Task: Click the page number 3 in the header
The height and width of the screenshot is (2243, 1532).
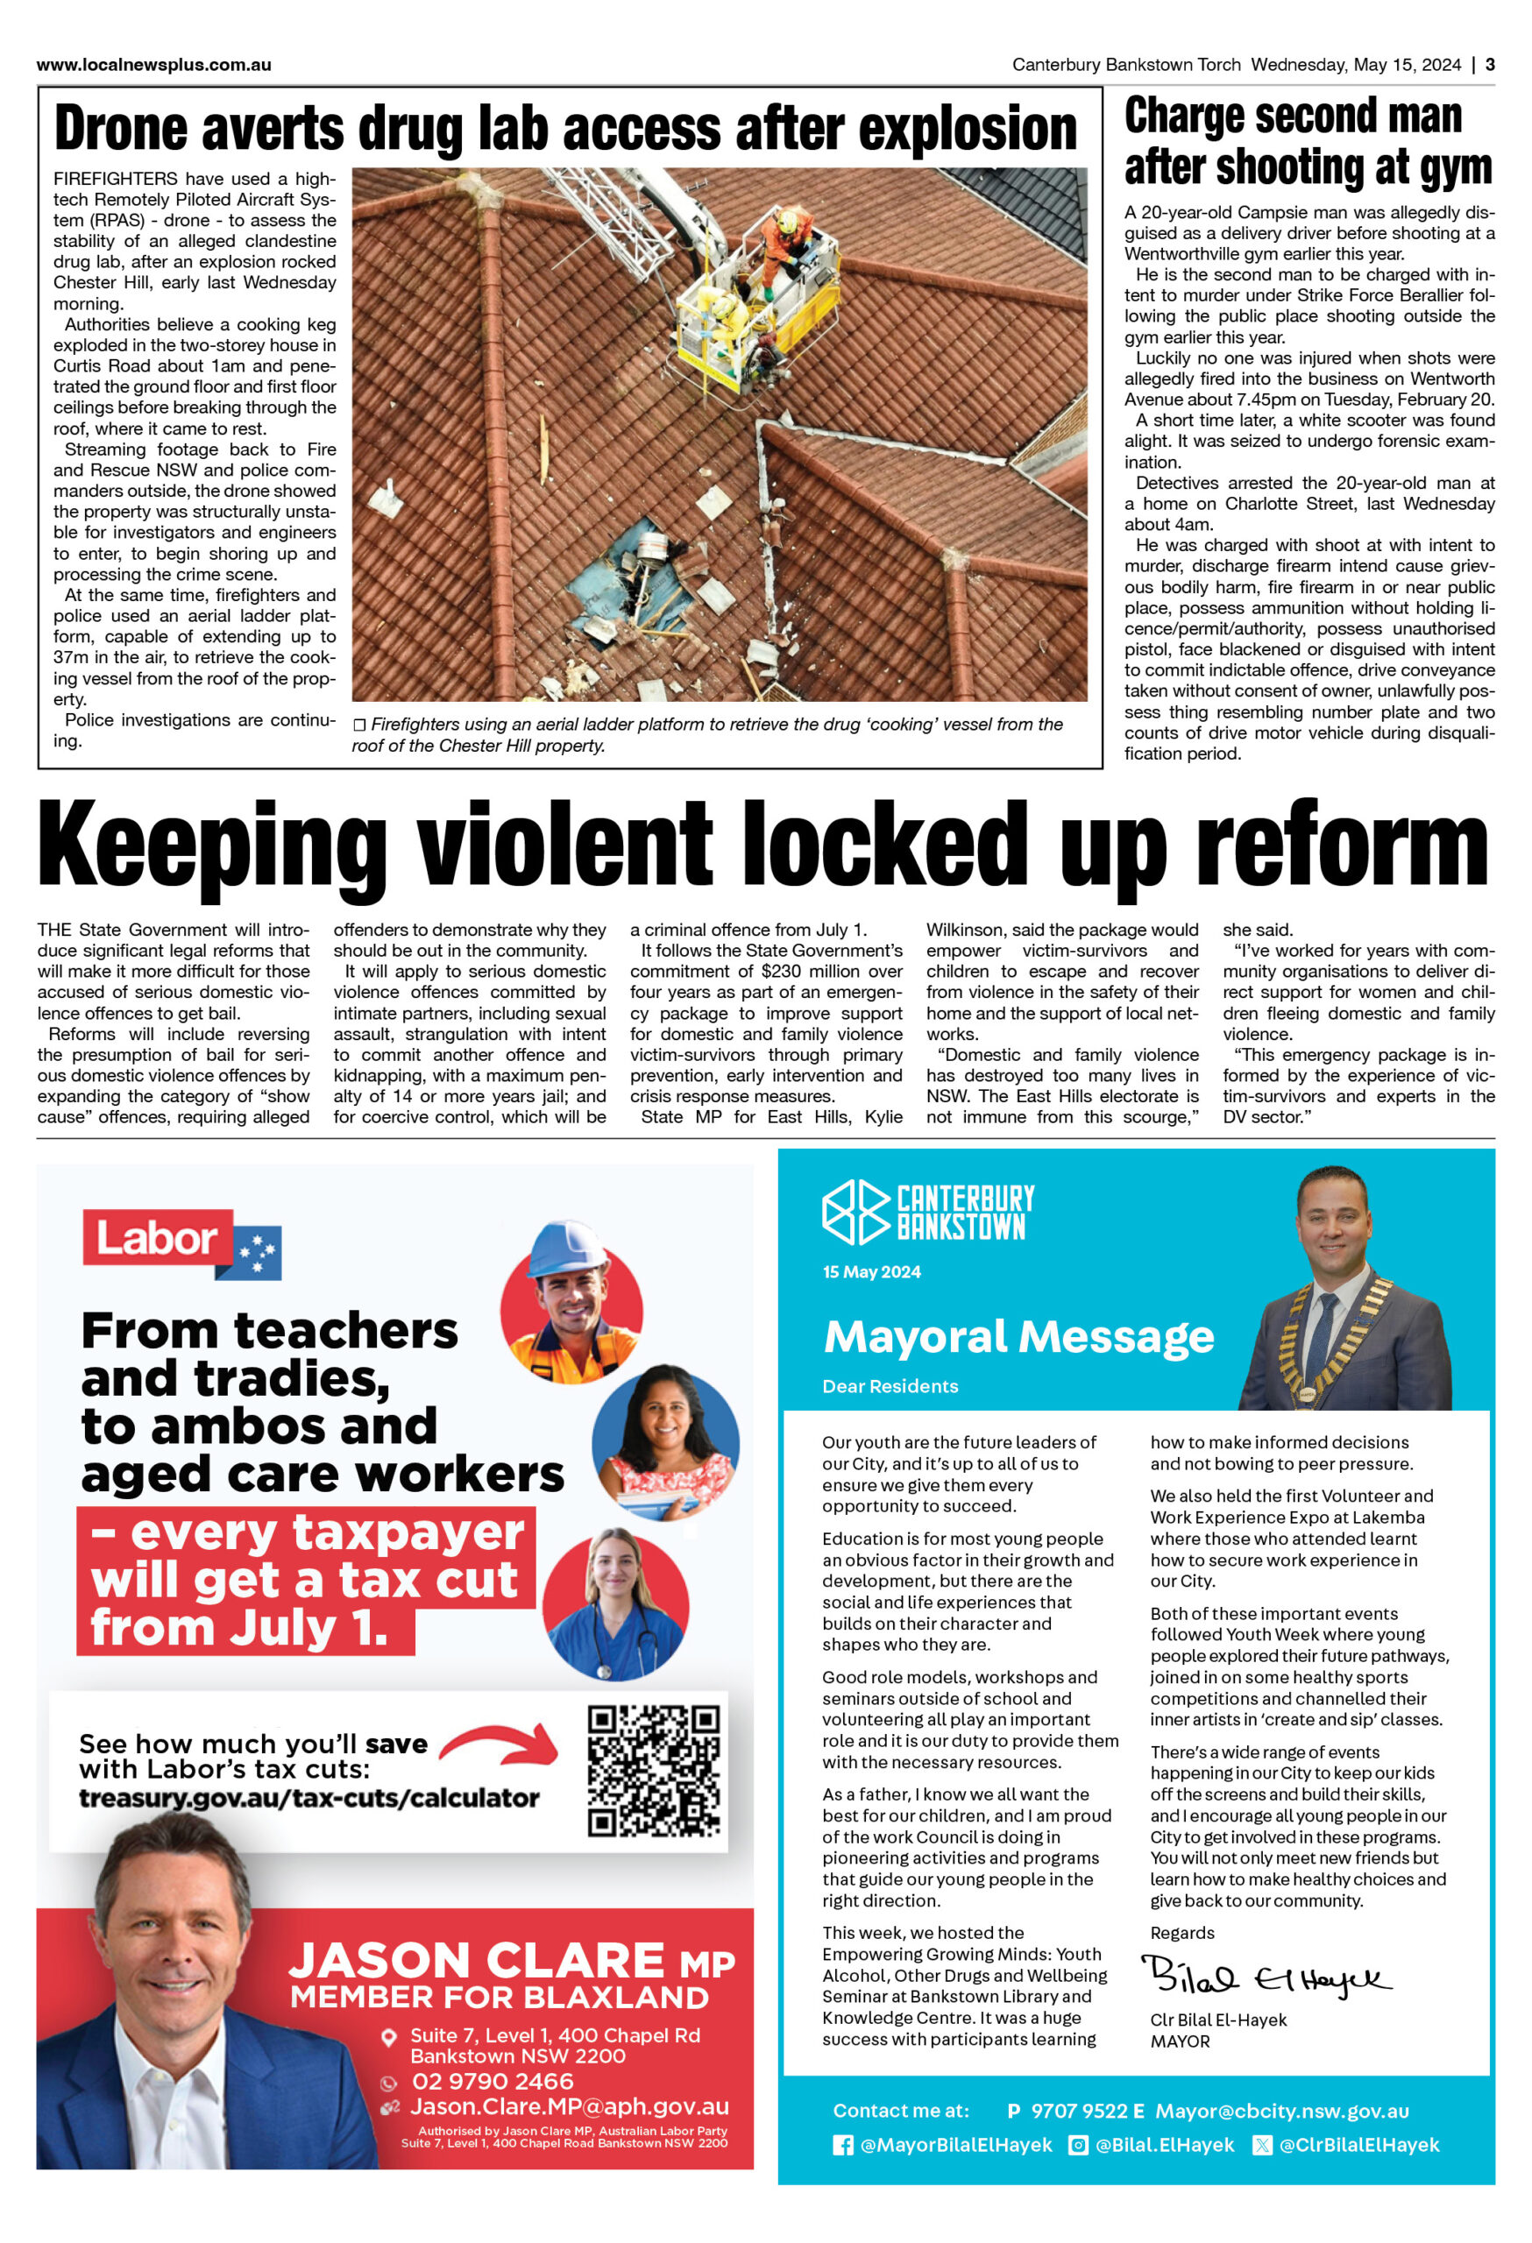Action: pyautogui.click(x=1490, y=65)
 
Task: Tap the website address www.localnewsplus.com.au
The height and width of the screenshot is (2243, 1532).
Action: pyautogui.click(x=153, y=66)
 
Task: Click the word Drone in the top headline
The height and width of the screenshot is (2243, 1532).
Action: pyautogui.click(x=120, y=130)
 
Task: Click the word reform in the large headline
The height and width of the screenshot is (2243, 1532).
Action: pyautogui.click(x=1342, y=846)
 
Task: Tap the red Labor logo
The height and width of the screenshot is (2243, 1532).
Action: pyautogui.click(x=158, y=1238)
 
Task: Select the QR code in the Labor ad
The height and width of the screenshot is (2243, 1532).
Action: pyautogui.click(x=654, y=1771)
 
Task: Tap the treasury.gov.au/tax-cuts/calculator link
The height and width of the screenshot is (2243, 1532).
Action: pyautogui.click(x=309, y=1799)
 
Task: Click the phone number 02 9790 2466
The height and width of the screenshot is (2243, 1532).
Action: pyautogui.click(x=493, y=2082)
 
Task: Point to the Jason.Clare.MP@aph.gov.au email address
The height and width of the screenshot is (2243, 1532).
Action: pyautogui.click(x=570, y=2107)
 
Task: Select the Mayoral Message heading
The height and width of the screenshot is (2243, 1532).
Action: pyautogui.click(x=1018, y=1338)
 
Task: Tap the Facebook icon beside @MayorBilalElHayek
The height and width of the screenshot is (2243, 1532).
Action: pyautogui.click(x=843, y=2146)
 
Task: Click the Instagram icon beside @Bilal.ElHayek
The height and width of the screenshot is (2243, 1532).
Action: pyautogui.click(x=1077, y=2146)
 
